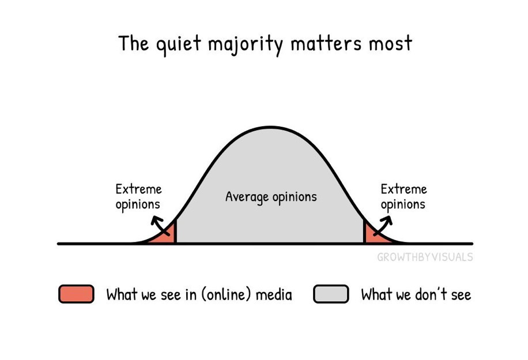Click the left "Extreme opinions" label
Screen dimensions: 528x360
138,196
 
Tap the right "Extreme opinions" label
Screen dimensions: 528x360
403,196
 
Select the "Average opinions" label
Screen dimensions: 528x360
271,197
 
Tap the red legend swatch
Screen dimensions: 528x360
76,294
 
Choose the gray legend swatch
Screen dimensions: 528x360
331,294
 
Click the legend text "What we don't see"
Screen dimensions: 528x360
416,295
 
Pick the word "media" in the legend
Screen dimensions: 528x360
273,295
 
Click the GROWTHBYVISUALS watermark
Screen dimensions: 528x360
425,257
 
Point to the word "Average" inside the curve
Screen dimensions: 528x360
247,197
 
